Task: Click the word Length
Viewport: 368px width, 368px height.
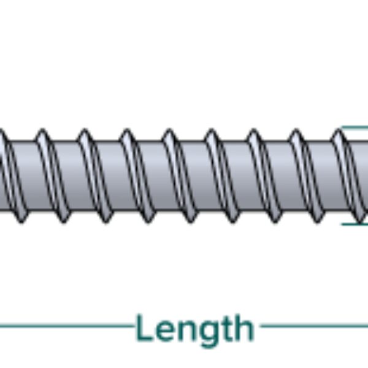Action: [194, 329]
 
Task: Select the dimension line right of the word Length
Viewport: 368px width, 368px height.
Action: [313, 326]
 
